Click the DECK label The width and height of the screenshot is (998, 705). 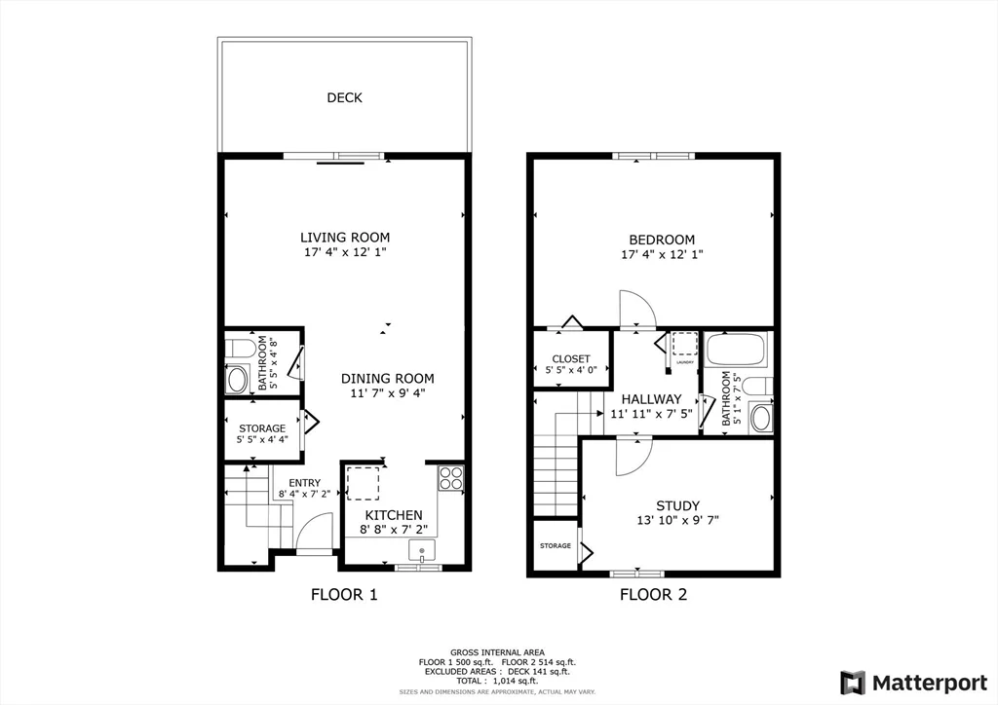tap(344, 97)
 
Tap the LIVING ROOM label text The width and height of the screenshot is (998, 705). tap(344, 237)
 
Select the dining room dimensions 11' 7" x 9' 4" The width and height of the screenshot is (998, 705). tap(387, 393)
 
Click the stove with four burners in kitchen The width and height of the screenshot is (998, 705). tap(450, 477)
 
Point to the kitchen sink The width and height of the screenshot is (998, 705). tap(420, 552)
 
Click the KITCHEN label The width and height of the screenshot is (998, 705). tap(393, 515)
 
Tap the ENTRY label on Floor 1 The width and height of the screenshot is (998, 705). tap(304, 483)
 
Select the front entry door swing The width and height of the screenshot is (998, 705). tap(309, 531)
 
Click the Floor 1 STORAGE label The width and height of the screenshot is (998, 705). tap(262, 428)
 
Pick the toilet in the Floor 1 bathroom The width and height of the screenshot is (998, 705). tap(240, 348)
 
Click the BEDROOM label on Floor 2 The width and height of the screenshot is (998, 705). tap(661, 240)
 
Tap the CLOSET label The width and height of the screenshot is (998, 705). tap(571, 359)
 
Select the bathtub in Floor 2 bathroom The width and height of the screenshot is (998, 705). tap(736, 349)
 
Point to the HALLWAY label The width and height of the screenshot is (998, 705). tap(650, 399)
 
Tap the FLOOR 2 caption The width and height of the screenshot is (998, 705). tap(653, 594)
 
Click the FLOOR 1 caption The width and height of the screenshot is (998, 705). tap(343, 594)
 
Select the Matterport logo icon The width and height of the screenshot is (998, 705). tap(853, 681)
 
